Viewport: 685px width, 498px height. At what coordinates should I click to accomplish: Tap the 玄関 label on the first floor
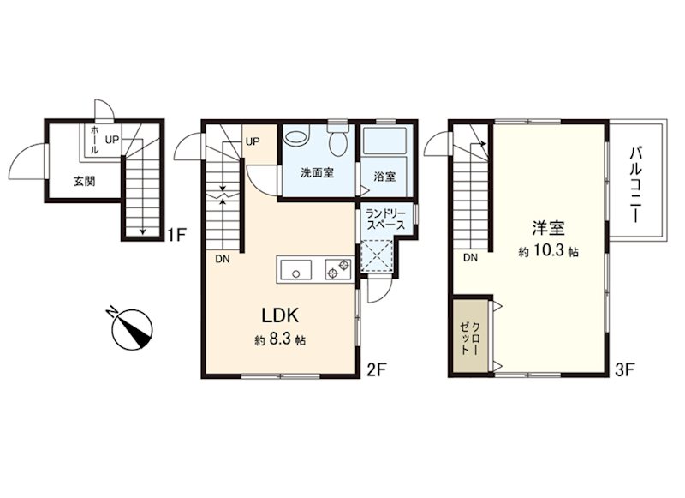click(84, 181)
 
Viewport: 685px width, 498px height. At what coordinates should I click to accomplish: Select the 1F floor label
click(178, 235)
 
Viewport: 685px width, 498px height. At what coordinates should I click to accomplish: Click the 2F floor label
click(377, 370)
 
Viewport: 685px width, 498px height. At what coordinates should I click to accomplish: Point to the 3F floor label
click(624, 370)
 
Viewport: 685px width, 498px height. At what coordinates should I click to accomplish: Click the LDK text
click(280, 315)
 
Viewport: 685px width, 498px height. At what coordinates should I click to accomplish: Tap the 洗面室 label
click(317, 172)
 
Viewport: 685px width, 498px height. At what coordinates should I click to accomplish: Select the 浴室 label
click(384, 177)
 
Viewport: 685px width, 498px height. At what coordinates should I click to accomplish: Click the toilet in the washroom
click(337, 138)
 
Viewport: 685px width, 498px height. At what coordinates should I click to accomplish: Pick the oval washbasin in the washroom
click(296, 136)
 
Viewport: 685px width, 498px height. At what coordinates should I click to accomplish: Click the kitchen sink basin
click(295, 270)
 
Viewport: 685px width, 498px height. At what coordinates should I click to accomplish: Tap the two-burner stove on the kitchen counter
click(338, 269)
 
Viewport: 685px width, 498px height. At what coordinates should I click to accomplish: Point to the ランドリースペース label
click(386, 220)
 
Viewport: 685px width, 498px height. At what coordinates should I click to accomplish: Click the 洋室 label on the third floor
click(548, 228)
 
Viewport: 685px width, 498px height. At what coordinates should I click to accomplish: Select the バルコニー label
click(635, 185)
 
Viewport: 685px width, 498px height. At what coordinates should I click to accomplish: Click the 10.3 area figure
click(548, 251)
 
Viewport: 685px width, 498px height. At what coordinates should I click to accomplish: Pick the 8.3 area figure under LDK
click(280, 339)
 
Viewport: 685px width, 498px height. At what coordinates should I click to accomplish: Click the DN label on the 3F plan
click(470, 258)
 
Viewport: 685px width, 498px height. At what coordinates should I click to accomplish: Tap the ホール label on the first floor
click(94, 140)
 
